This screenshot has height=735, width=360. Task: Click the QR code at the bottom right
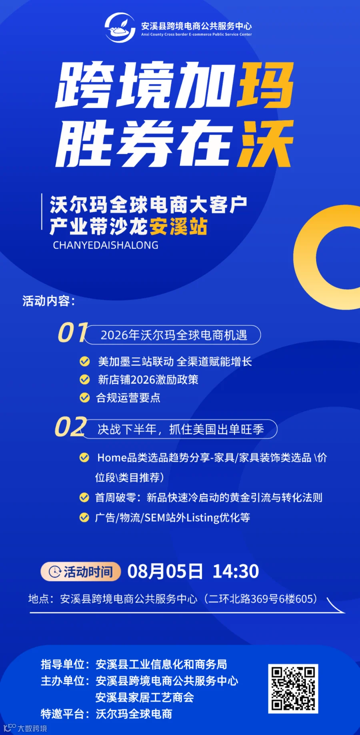[293, 689]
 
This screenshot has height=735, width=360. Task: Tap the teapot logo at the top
[120, 27]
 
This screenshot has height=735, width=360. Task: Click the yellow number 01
[72, 332]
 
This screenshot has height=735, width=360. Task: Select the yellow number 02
[70, 427]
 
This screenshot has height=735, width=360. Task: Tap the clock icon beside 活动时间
[55, 572]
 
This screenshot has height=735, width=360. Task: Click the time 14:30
[236, 571]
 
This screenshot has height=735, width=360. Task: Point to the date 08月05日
[165, 571]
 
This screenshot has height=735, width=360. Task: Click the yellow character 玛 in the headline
[266, 85]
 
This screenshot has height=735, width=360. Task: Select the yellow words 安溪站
[178, 226]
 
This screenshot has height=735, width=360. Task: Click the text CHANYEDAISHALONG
[106, 245]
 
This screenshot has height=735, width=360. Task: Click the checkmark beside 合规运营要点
[84, 397]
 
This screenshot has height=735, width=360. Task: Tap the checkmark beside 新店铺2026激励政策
[84, 379]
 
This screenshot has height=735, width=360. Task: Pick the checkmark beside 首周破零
[84, 497]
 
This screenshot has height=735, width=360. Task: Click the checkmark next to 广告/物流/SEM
[84, 517]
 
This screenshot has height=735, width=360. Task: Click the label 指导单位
[62, 664]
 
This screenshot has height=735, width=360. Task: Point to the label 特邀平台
[62, 714]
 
